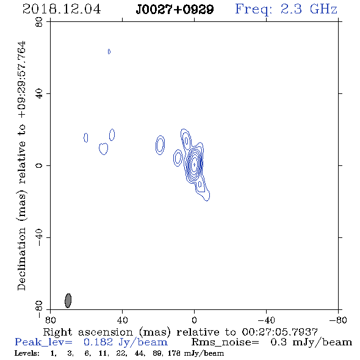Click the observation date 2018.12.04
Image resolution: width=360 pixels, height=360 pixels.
(x=62, y=9)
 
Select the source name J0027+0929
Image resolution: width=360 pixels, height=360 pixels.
(x=175, y=10)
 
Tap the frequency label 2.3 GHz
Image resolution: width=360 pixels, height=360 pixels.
(x=309, y=9)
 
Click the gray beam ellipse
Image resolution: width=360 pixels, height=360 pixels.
(x=68, y=300)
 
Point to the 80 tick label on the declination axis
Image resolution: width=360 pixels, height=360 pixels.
(x=40, y=22)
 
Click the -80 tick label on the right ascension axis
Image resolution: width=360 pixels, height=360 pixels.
(x=338, y=320)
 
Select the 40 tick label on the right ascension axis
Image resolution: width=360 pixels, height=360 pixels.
(x=122, y=320)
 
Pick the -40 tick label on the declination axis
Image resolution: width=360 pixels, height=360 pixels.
(x=40, y=237)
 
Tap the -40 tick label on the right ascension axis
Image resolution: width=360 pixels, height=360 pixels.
(x=266, y=320)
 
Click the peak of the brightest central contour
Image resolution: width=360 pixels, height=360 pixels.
(x=194, y=164)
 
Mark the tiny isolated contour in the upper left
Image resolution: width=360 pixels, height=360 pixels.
(x=109, y=51)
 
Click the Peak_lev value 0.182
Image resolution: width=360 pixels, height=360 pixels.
(x=98, y=342)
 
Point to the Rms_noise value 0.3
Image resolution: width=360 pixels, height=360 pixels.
(x=278, y=342)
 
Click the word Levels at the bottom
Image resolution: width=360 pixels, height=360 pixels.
(x=27, y=353)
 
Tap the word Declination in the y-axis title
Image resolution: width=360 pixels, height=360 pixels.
(x=21, y=259)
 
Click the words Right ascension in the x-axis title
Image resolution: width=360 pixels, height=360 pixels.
(x=88, y=332)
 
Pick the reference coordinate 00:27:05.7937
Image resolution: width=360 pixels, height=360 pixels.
(x=280, y=332)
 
